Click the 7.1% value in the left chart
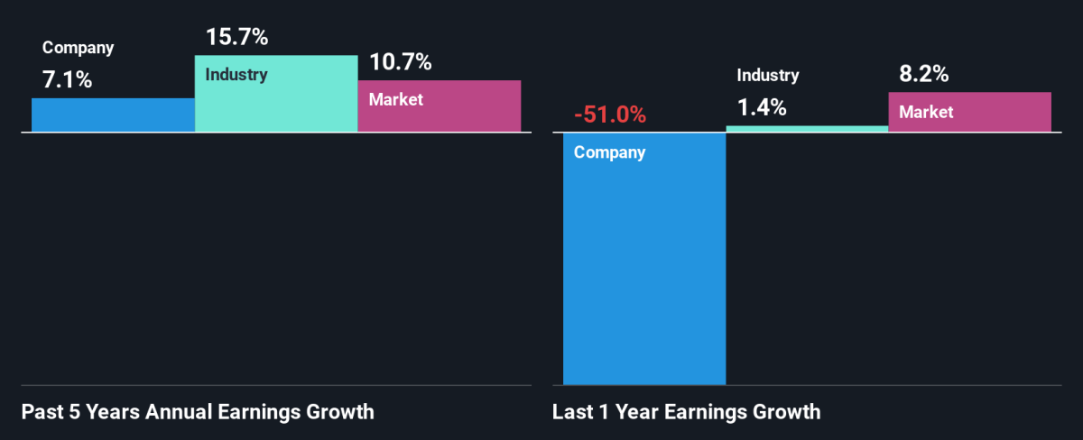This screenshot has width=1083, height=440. pos(67,80)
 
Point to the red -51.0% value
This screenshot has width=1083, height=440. pos(610,115)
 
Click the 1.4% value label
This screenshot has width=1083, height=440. pos(762,108)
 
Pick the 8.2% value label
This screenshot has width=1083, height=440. pos(924,75)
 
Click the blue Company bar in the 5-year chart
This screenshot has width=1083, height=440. pos(113,115)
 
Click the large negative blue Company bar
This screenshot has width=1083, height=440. pos(644,270)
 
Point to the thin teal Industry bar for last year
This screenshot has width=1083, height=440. pos(807,129)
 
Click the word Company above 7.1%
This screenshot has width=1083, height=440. pos(79,49)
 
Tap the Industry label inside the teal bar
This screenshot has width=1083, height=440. pos(236,75)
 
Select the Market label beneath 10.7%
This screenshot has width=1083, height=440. pos(395,100)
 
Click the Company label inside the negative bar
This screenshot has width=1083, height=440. pos(610,152)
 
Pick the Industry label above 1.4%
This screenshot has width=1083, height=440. pos(768,76)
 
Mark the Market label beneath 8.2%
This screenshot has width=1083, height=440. pos(926,112)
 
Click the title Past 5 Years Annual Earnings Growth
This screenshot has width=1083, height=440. pos(197,413)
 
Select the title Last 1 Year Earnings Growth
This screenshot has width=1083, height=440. pos(687,413)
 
